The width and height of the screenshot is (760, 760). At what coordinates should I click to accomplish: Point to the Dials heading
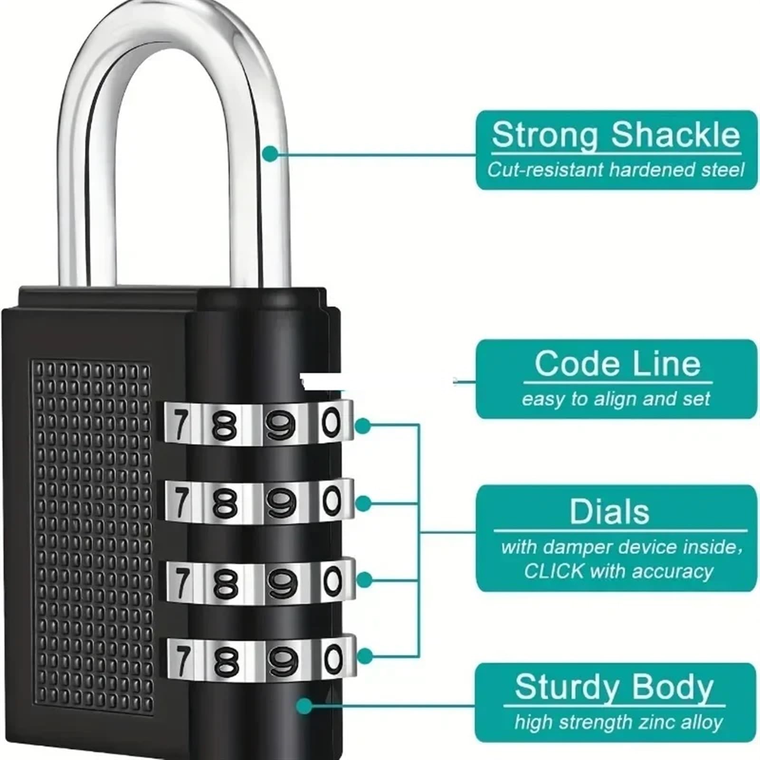point(609,512)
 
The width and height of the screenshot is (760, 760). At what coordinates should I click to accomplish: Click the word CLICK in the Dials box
point(554,571)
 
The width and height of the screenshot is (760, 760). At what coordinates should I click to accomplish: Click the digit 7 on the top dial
point(180,425)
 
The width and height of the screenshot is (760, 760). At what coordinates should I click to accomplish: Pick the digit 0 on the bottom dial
point(333,659)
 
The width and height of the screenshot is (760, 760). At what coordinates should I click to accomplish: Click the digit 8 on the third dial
point(225,583)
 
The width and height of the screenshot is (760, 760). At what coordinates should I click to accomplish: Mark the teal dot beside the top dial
point(363,426)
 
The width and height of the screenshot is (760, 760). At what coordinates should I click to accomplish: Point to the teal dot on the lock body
point(304,705)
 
